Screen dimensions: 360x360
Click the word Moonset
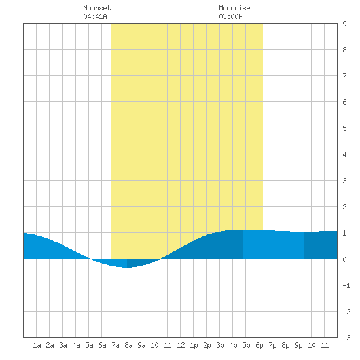(x=97, y=8)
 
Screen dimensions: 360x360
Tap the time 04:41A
(x=95, y=16)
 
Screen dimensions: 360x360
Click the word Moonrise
(x=234, y=8)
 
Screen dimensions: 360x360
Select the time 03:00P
(x=230, y=16)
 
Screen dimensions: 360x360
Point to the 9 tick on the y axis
(x=344, y=24)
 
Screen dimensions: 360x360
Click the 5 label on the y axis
(x=344, y=128)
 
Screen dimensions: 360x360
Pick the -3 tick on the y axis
(x=346, y=338)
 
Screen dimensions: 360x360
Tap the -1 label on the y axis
(x=346, y=285)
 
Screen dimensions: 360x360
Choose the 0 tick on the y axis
(x=344, y=259)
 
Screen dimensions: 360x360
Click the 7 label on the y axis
(x=344, y=76)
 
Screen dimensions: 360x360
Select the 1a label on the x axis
(x=37, y=345)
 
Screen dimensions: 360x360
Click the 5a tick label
(x=89, y=345)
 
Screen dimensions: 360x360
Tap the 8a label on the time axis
(x=128, y=345)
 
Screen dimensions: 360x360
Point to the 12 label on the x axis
(x=181, y=345)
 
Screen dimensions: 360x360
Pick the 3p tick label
(x=220, y=345)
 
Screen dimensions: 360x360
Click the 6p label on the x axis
(x=259, y=345)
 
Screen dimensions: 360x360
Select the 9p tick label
(x=298, y=345)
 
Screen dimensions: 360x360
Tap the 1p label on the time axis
(x=194, y=345)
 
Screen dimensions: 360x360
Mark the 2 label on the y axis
(x=344, y=207)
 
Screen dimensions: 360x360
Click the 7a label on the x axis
(x=115, y=345)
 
